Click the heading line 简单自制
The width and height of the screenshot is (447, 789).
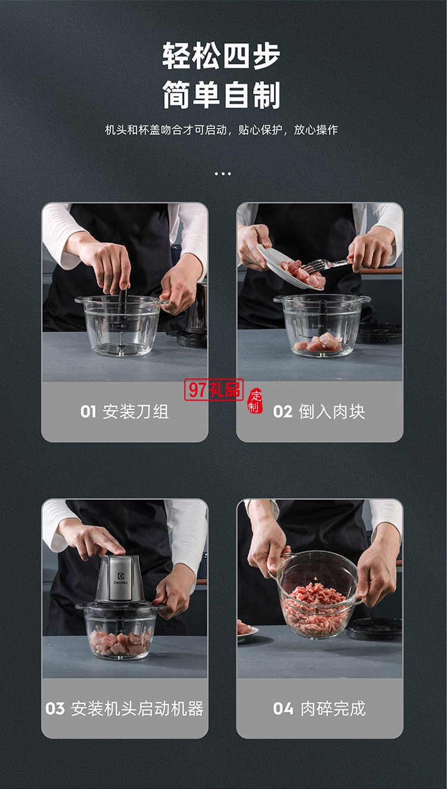(222, 96)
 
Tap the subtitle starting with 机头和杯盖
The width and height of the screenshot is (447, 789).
(222, 130)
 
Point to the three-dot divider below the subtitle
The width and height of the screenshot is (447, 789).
(222, 174)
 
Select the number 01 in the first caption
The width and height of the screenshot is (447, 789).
(88, 412)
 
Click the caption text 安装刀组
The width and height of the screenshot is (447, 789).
(135, 412)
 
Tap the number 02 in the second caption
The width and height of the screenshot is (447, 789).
(283, 412)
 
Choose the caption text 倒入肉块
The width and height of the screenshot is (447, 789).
(331, 412)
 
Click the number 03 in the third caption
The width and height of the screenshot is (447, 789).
(55, 709)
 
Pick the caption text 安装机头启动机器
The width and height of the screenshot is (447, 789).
(137, 709)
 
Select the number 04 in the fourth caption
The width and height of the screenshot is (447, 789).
(283, 709)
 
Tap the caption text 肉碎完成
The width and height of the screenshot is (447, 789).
(332, 709)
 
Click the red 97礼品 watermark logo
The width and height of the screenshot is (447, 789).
(214, 390)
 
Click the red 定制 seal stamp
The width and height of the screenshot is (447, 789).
(255, 400)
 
